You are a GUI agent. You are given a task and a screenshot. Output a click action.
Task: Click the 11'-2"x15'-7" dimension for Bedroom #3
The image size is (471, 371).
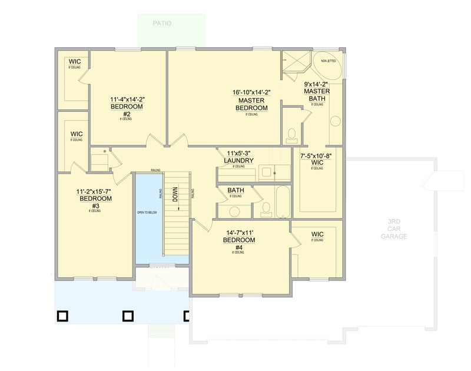94,191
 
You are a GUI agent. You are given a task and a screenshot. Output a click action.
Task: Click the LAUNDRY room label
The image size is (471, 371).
238,160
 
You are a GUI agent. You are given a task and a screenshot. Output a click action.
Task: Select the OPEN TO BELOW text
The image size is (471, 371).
147,212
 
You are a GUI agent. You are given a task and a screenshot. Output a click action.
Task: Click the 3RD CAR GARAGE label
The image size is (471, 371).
394,229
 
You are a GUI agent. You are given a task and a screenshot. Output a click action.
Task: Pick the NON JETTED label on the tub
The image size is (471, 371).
328,61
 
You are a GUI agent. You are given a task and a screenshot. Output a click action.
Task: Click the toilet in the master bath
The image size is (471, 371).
291,135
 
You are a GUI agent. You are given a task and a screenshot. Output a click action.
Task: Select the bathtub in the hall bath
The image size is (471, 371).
282,201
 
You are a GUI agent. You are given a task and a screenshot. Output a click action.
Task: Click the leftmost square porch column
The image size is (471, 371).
62,316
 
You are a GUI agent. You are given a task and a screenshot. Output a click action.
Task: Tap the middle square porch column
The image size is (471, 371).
127,316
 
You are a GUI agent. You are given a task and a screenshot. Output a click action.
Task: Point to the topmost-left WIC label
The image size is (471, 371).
74,62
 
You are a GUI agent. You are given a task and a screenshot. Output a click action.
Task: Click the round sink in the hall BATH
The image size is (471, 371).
234,211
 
